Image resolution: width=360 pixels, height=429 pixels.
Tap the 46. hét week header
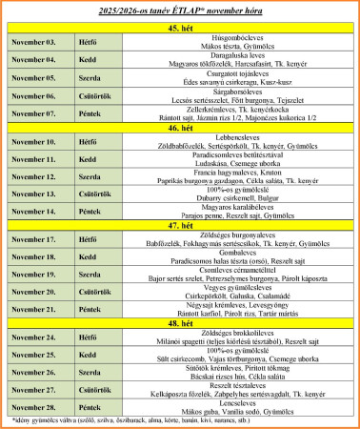click(x=180, y=126)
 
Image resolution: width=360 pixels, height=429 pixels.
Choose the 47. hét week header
click(x=180, y=224)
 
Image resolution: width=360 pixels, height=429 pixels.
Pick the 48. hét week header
click(x=180, y=322)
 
